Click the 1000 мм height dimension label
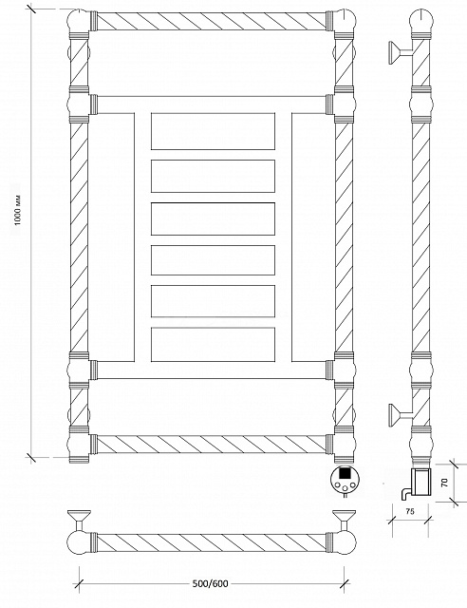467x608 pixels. (x=19, y=210)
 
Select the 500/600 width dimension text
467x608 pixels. (x=211, y=583)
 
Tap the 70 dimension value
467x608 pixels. (x=444, y=483)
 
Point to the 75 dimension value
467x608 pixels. (x=410, y=511)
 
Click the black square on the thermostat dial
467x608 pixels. (x=345, y=474)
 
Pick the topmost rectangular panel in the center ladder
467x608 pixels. (x=214, y=131)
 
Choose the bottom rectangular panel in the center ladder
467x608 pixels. (x=214, y=344)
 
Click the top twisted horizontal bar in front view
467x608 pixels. (x=211, y=21)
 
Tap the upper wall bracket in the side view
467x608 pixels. (x=400, y=53)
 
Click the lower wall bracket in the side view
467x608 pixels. (x=400, y=415)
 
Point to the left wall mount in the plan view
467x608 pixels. (x=79, y=520)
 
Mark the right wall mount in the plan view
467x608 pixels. (x=344, y=520)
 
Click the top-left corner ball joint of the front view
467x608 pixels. (x=79, y=21)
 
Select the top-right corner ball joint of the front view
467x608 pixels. (x=345, y=21)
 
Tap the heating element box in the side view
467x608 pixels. (x=420, y=482)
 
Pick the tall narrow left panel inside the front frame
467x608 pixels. (x=112, y=237)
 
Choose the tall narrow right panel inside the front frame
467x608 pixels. (x=313, y=237)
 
